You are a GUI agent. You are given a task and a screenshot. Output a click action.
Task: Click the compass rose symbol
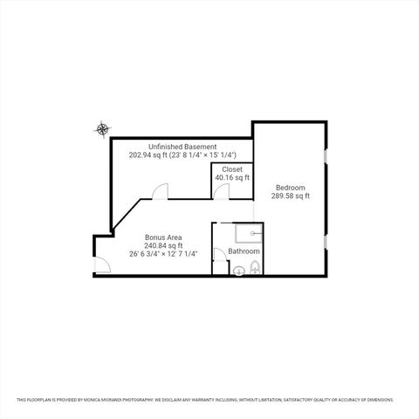click(x=103, y=130)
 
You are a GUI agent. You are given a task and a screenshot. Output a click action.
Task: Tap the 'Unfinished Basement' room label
click(x=182, y=147)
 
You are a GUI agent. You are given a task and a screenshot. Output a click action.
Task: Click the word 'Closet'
click(x=232, y=168)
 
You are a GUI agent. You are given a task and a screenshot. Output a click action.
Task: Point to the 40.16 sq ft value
click(x=232, y=177)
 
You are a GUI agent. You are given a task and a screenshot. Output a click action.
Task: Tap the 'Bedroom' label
click(x=291, y=188)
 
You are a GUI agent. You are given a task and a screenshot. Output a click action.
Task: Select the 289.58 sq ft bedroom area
click(x=291, y=196)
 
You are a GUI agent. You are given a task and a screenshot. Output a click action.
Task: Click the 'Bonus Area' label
click(x=163, y=237)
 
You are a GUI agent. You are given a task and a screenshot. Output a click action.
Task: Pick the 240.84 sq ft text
click(x=163, y=245)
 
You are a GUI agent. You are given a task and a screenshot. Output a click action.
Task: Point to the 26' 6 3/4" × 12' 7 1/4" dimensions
click(x=163, y=254)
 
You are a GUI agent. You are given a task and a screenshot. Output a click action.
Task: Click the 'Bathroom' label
click(x=244, y=251)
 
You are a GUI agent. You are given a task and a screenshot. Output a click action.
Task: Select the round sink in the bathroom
click(x=237, y=270)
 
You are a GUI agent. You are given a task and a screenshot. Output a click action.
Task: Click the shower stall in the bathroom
click(x=249, y=232)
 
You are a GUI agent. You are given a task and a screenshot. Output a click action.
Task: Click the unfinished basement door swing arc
click(x=160, y=191)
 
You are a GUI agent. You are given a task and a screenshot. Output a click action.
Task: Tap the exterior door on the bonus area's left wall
click(x=102, y=265)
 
